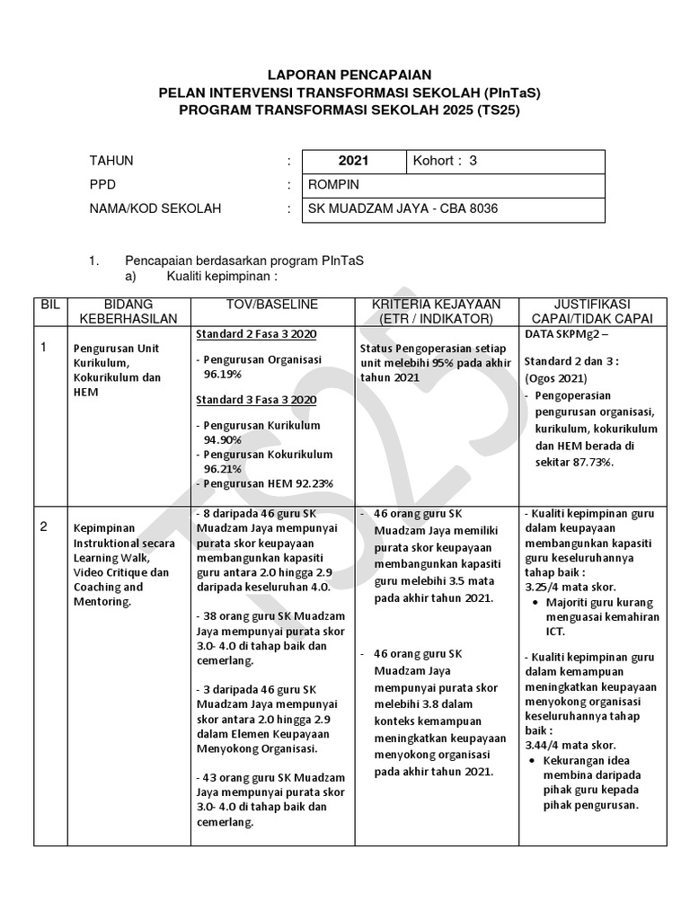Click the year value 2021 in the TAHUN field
click(353, 162)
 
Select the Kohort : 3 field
click(445, 162)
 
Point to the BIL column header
click(49, 305)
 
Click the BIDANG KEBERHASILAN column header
click(128, 312)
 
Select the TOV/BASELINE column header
click(272, 305)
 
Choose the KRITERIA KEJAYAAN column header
click(438, 312)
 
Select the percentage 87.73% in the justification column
click(589, 461)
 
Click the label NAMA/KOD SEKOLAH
click(155, 209)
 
